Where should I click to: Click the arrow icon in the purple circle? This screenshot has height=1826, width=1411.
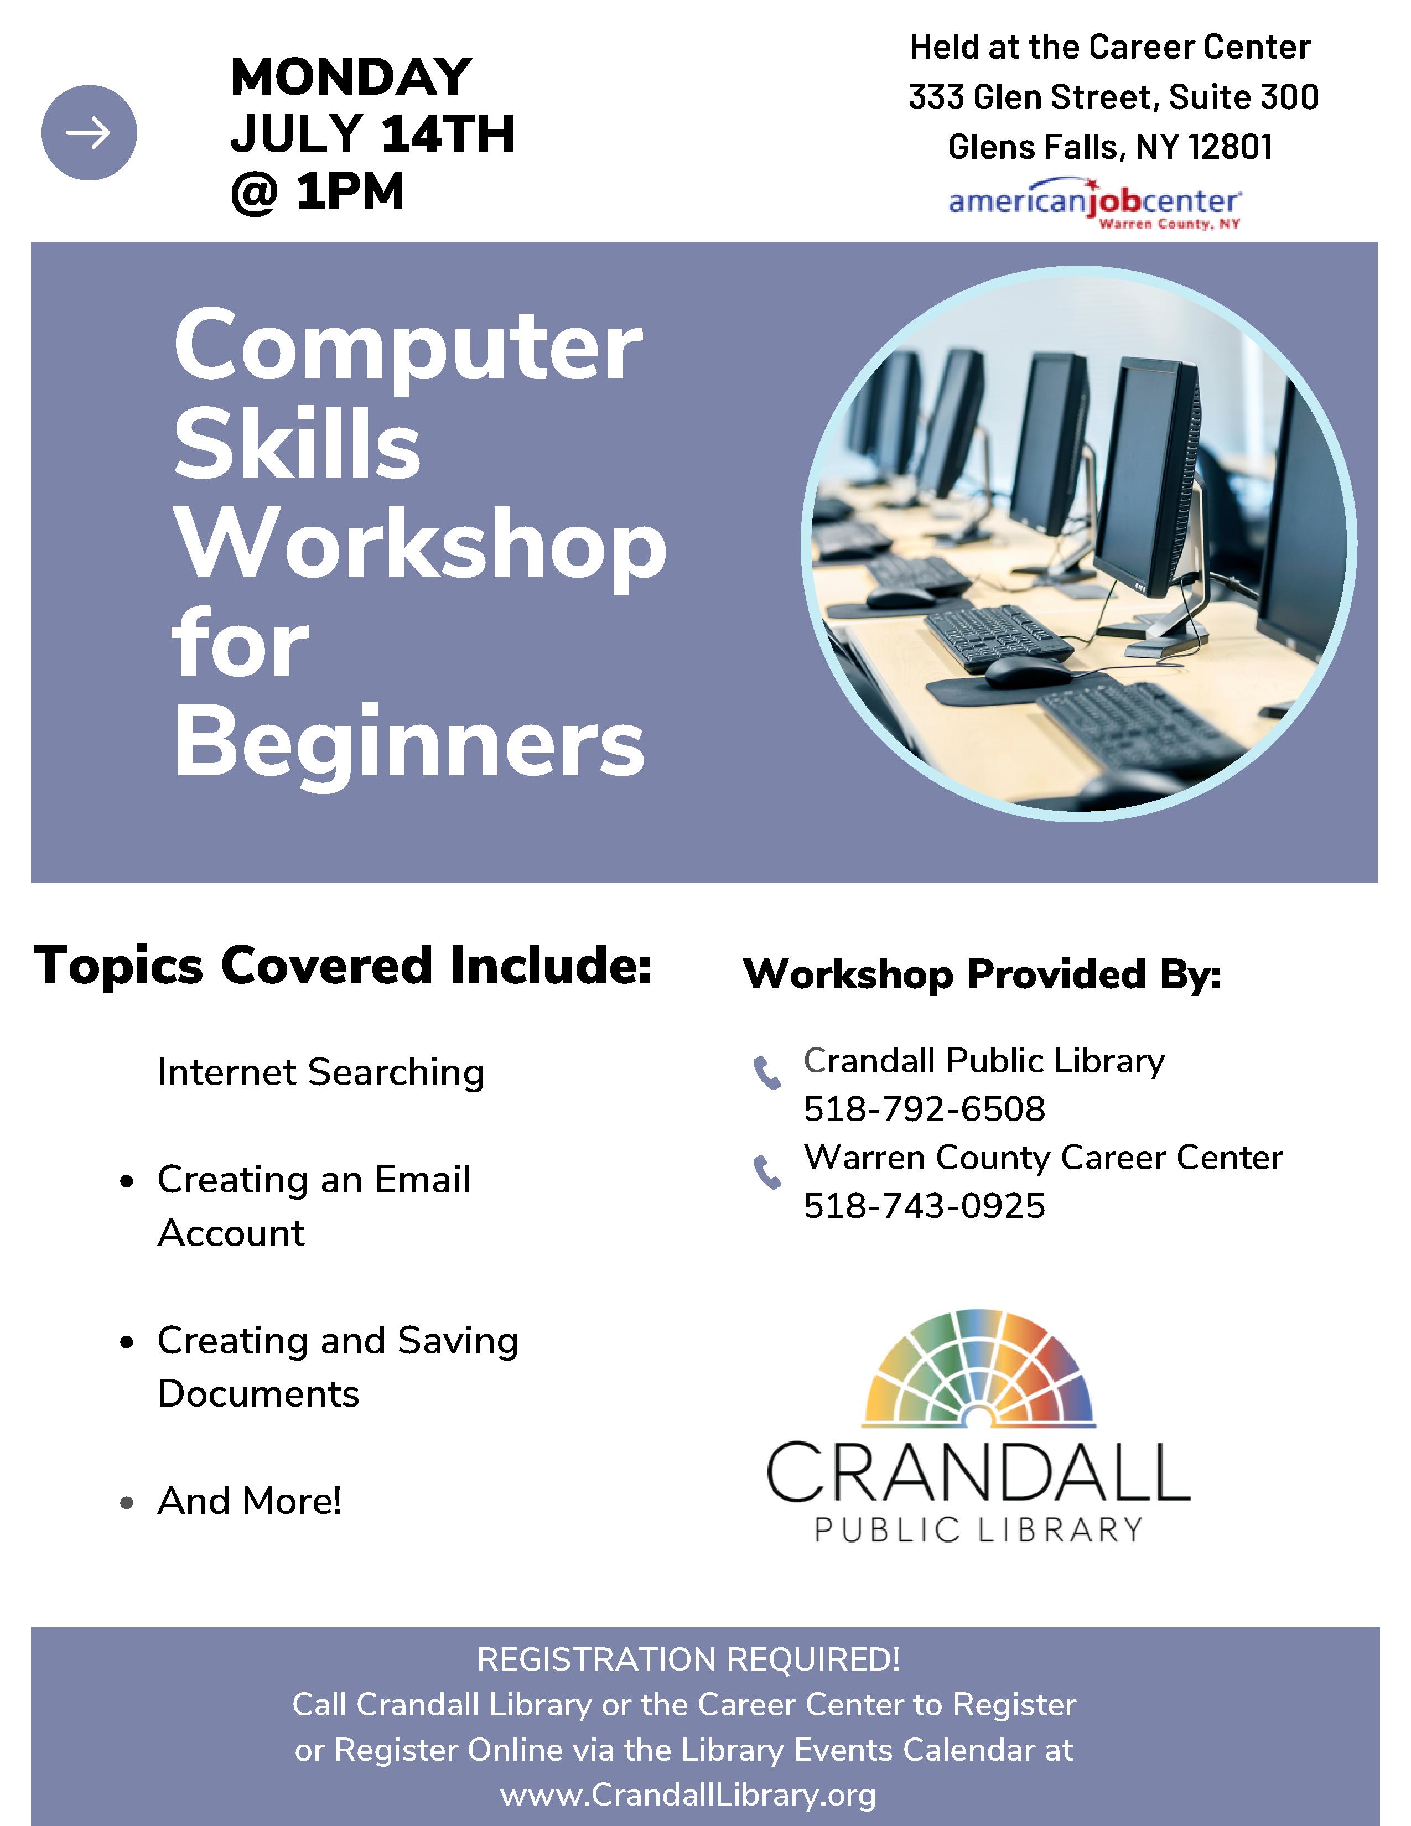[88, 132]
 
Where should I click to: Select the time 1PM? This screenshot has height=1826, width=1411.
[349, 191]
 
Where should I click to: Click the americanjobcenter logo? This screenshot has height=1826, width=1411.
[1094, 203]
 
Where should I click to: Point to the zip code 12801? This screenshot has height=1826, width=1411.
[1231, 147]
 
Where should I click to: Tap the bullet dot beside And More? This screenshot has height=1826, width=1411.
[127, 1502]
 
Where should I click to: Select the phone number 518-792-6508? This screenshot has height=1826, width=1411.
[925, 1109]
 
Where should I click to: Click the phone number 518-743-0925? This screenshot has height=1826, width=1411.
[925, 1206]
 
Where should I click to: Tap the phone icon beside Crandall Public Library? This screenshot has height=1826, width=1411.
[767, 1073]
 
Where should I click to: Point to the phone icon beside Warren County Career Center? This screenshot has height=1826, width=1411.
[767, 1171]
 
